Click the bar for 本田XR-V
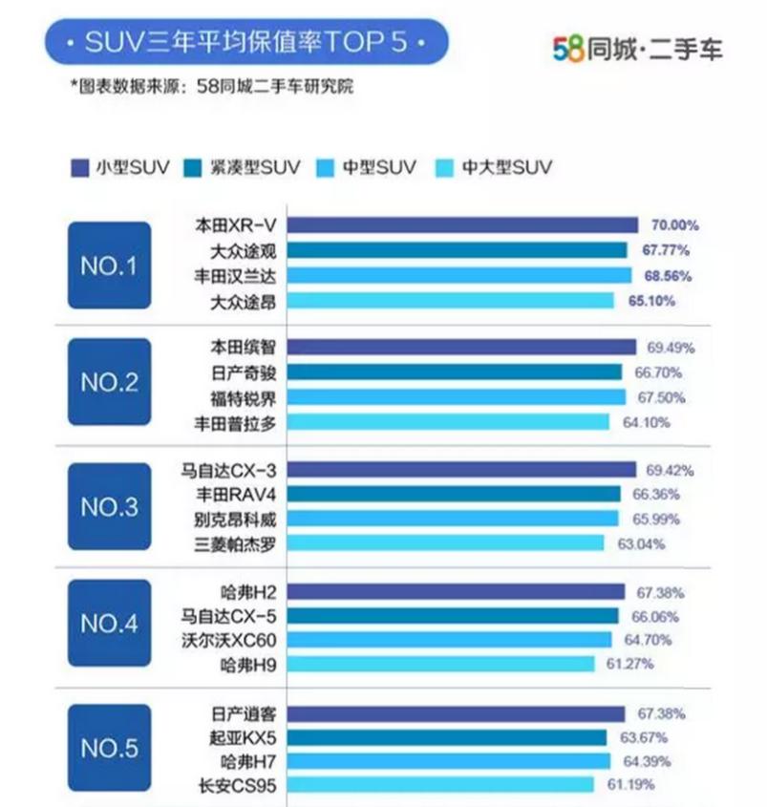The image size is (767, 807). click(462, 225)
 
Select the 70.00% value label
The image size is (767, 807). click(675, 226)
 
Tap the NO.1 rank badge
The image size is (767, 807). click(109, 265)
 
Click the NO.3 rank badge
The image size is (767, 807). click(109, 506)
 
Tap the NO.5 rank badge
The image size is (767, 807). click(109, 748)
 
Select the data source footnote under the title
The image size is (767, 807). click(212, 86)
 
